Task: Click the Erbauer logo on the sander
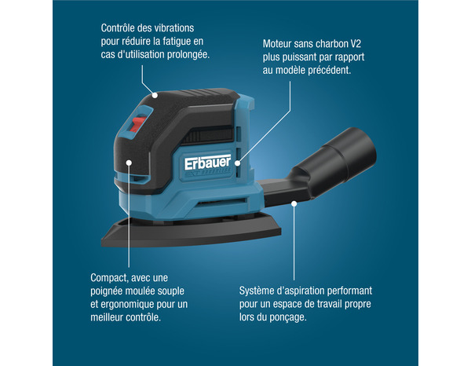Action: (x=207, y=163)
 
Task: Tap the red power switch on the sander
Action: (x=137, y=124)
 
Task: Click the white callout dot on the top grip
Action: (x=155, y=95)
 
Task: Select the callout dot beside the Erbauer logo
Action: (x=238, y=163)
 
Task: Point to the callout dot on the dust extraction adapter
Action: (x=294, y=203)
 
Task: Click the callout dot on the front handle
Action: (x=129, y=163)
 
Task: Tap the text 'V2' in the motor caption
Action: (x=356, y=44)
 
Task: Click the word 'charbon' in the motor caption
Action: (x=329, y=44)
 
